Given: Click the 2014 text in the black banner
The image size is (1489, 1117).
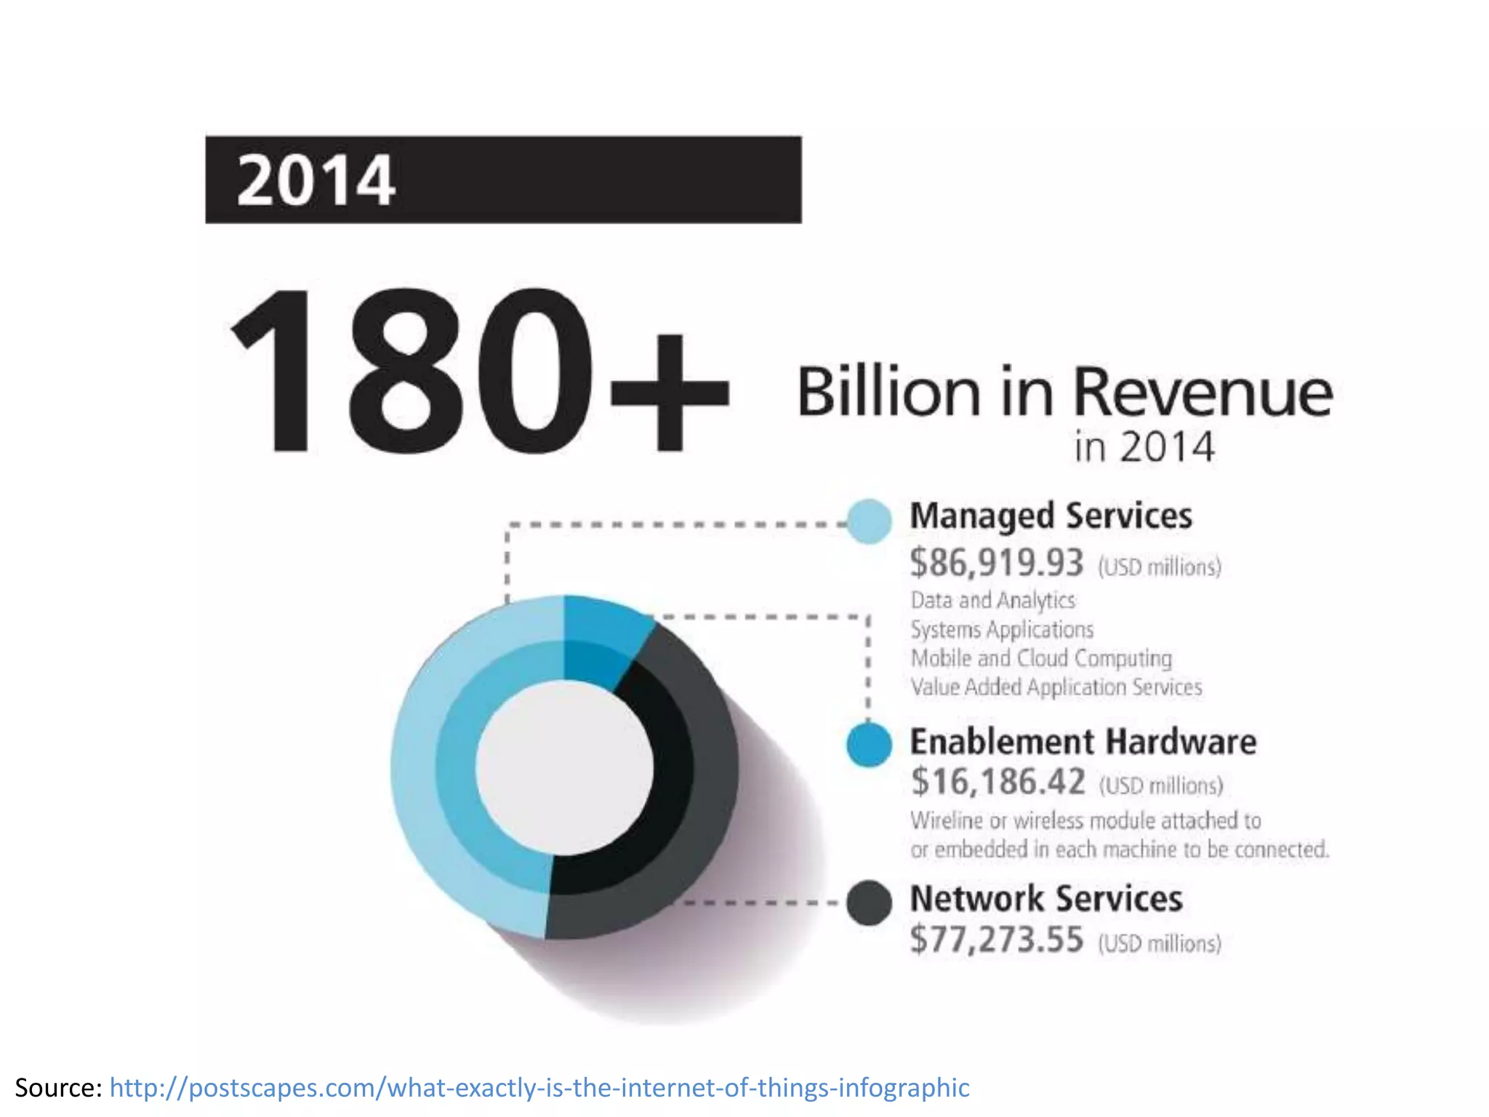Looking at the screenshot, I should point(316,180).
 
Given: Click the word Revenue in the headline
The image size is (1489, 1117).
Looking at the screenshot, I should point(1203,392).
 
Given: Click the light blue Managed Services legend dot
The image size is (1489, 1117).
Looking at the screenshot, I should point(869,521).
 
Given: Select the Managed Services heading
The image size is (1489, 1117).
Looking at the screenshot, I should point(1051,516).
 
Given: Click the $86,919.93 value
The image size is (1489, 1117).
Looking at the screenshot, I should point(996,563).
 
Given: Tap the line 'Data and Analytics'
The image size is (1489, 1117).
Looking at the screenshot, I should point(992,601).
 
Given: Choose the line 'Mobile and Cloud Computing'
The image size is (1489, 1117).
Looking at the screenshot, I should point(1041,658).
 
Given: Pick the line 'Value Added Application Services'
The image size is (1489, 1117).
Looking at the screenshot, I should point(1056,687).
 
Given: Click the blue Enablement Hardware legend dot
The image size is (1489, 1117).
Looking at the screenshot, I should point(869,745).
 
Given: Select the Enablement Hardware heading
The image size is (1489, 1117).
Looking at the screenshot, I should point(1083,742).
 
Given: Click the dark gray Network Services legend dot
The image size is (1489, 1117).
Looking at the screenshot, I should point(869,903).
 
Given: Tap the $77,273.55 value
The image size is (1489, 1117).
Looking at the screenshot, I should point(996,940).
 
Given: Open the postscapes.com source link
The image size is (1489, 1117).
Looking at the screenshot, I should point(539,1088).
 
